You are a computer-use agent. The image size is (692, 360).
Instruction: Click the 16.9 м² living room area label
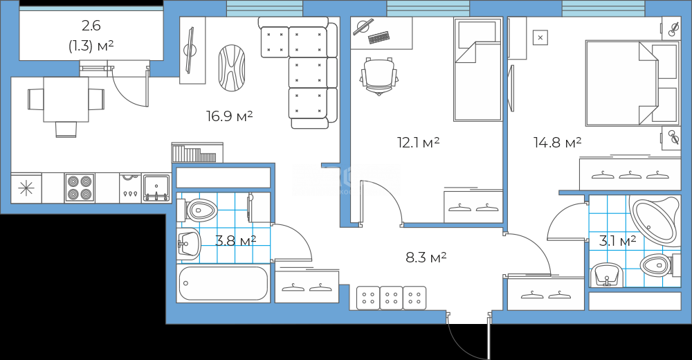click(229, 116)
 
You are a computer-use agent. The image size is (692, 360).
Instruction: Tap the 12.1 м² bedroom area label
click(419, 142)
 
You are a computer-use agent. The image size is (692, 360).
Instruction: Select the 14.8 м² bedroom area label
click(557, 142)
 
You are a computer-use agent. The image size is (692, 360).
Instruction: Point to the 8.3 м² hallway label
click(426, 257)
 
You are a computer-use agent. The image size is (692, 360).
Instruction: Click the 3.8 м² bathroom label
click(236, 241)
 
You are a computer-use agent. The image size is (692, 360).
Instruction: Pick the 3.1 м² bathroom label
click(617, 241)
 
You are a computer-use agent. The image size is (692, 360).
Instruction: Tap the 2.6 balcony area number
click(91, 26)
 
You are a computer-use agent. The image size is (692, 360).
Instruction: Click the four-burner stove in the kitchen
click(80, 188)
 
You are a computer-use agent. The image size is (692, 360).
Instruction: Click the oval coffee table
click(232, 68)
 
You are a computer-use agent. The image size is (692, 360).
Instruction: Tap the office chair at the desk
click(379, 76)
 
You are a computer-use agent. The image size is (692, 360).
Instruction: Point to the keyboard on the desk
click(379, 38)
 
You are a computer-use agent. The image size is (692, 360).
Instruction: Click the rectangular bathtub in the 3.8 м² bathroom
click(224, 283)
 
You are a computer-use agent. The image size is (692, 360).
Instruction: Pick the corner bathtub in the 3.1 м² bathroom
click(655, 221)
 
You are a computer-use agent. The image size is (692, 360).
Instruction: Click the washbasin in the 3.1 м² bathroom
click(607, 274)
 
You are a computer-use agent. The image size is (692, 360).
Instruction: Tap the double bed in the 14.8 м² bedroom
click(631, 83)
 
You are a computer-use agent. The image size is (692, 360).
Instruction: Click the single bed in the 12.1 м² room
click(478, 69)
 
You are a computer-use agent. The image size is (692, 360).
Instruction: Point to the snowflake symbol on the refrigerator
click(26, 188)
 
